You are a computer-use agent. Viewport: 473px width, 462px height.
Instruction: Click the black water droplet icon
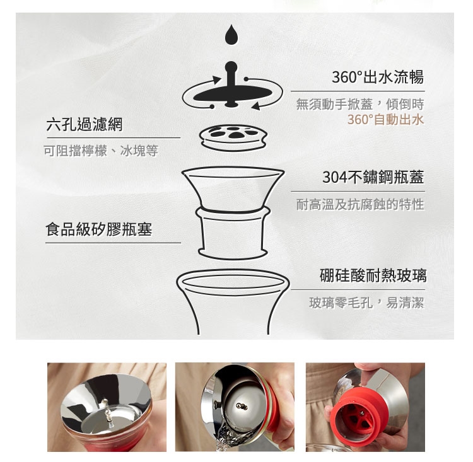[231, 34]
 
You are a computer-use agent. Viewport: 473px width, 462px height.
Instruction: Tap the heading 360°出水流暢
[378, 77]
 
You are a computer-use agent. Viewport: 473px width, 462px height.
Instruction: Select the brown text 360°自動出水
[385, 120]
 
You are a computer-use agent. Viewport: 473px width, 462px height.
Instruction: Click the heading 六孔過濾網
[85, 124]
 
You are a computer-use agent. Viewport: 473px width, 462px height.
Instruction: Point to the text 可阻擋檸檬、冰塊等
[101, 151]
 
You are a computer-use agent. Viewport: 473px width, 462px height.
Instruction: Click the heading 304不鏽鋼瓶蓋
[373, 177]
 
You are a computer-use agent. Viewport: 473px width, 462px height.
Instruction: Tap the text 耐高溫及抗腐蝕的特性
[360, 204]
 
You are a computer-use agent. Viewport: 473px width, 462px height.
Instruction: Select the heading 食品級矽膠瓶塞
[99, 229]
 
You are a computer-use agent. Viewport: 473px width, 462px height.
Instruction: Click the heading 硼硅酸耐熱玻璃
[373, 275]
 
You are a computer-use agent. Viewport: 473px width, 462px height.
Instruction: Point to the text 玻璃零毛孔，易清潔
[366, 303]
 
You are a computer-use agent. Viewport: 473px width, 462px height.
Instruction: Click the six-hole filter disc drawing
[233, 137]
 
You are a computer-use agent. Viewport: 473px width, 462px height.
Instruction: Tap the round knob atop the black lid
[231, 66]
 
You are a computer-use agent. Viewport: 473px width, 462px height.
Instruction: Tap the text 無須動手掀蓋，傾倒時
[360, 105]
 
